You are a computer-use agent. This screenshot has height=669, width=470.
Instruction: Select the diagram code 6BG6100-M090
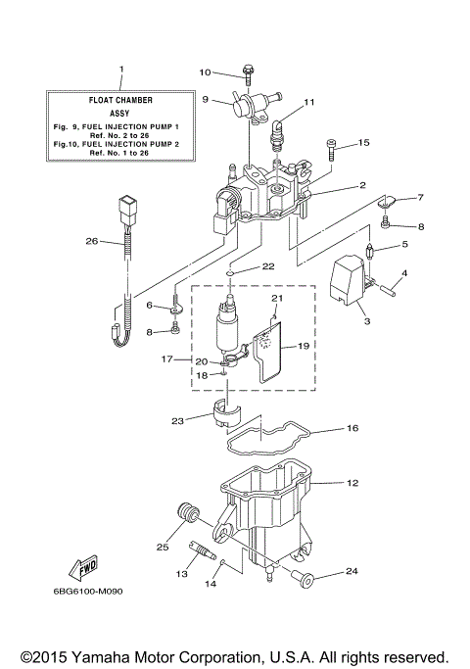coord(88,592)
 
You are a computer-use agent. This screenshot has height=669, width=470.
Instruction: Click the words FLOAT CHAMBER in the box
coord(121,100)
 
